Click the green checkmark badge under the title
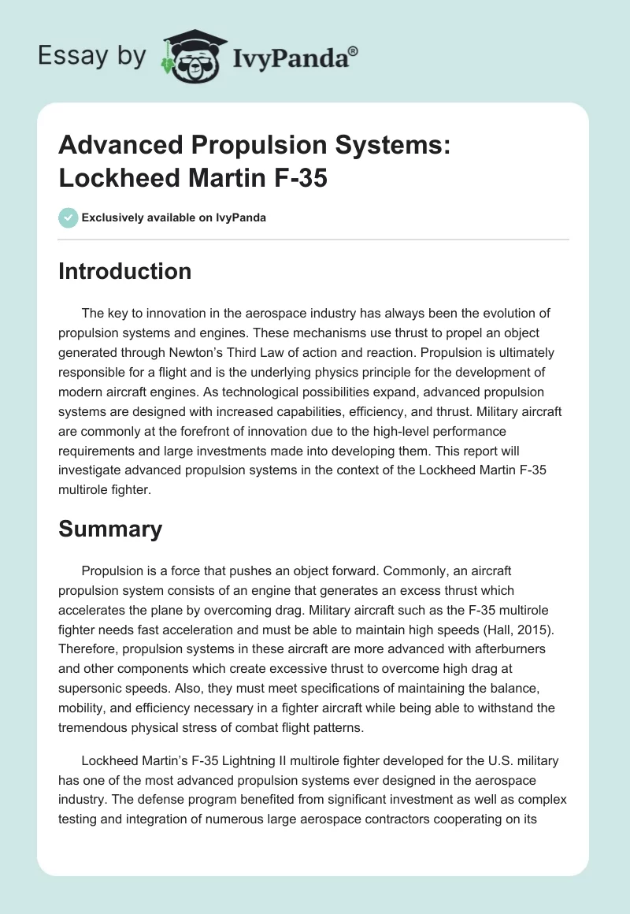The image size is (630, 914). point(68,217)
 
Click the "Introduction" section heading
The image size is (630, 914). point(125,271)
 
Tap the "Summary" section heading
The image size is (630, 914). point(110,529)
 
